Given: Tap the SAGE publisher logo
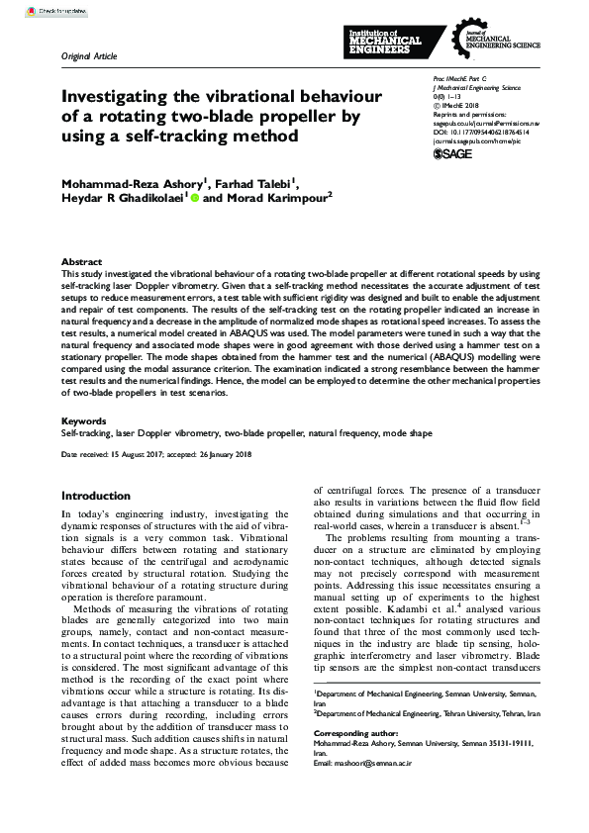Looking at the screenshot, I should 454,154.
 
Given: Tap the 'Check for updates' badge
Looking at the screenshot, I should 31,10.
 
